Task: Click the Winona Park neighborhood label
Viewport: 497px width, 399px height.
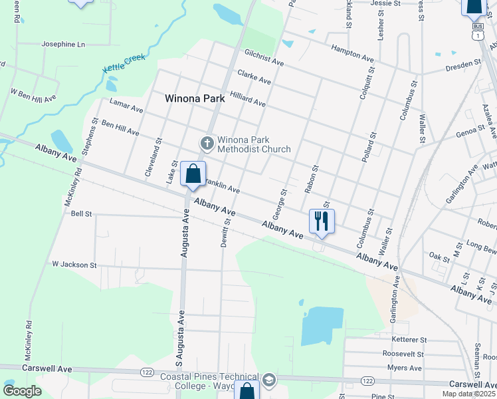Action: [x=195, y=99]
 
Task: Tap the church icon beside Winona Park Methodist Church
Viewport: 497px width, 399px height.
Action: [x=207, y=143]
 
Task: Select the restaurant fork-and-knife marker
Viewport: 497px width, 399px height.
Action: [x=322, y=221]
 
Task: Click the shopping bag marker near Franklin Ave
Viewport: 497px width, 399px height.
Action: [x=193, y=174]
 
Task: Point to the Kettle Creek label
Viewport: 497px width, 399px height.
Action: [x=124, y=64]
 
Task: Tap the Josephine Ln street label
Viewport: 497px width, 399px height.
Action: [x=64, y=45]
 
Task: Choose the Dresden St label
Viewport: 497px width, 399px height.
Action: [x=464, y=65]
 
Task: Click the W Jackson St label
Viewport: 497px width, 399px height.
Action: [x=74, y=265]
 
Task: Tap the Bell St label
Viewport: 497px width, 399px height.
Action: [x=81, y=214]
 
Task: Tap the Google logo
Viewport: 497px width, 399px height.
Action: [x=22, y=391]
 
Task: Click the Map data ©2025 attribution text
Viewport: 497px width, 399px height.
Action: [x=469, y=394]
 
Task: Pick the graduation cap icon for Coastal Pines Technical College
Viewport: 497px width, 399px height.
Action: [x=268, y=380]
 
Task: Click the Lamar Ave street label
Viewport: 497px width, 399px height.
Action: [x=126, y=106]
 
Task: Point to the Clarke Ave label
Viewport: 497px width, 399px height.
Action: [x=254, y=78]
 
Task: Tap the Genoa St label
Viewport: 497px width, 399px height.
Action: [x=470, y=132]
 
